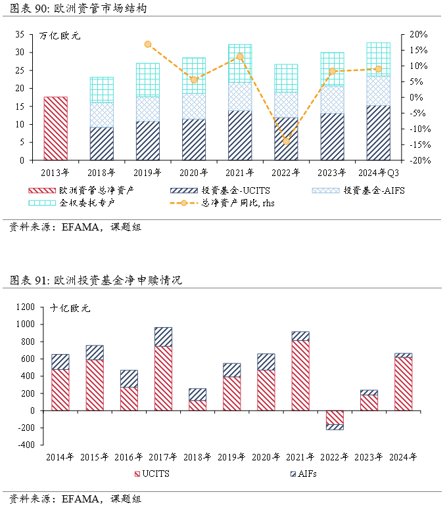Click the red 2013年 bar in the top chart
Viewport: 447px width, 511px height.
point(55,128)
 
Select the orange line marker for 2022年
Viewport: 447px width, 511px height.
point(286,141)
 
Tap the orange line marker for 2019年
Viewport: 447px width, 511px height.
point(148,45)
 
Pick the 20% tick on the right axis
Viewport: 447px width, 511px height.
point(418,34)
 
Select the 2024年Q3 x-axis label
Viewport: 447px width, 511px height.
point(378,173)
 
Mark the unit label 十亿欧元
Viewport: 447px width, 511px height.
point(70,307)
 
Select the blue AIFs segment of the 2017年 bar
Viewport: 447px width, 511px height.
point(163,336)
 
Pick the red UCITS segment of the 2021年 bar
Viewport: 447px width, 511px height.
point(300,375)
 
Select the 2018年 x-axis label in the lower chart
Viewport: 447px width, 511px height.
point(197,457)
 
